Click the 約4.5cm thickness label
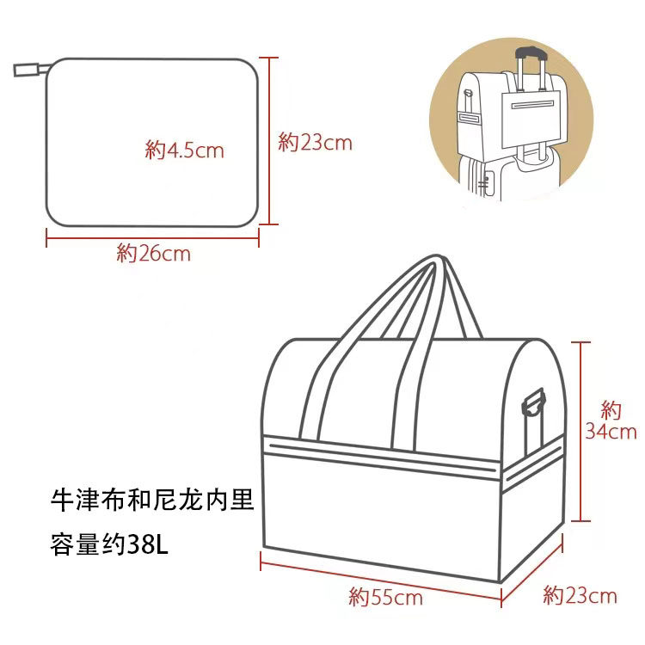pos(184,150)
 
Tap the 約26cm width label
pos(153,253)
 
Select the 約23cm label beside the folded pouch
pos(316,143)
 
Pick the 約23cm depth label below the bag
pos(580,594)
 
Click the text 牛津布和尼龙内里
pos(153,500)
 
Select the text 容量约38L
pos(112,544)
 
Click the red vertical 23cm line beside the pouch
pos(271,142)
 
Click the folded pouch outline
pos(152,142)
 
